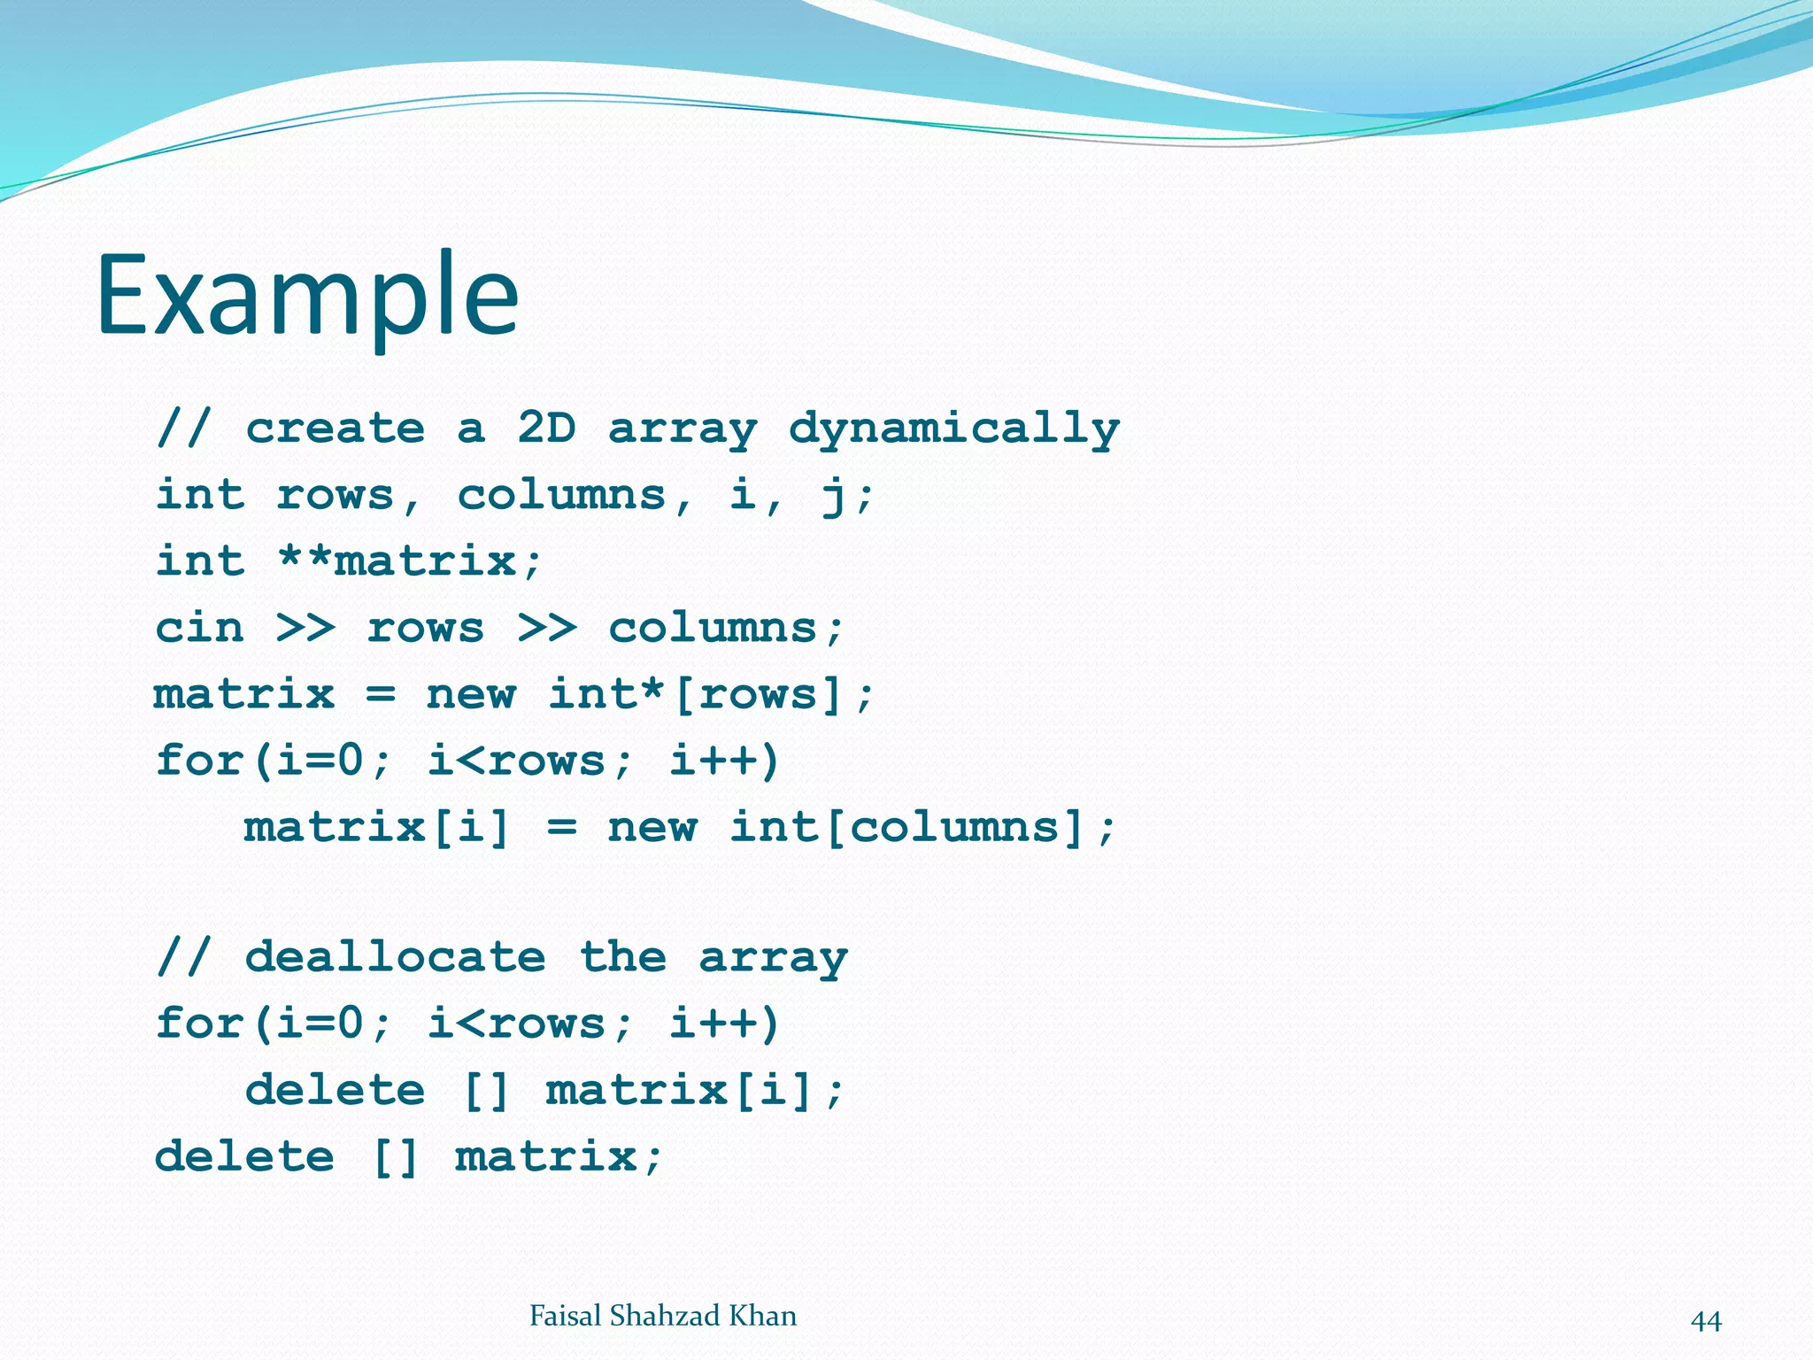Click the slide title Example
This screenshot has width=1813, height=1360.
pyautogui.click(x=307, y=296)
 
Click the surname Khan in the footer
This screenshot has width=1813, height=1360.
pyautogui.click(x=762, y=1316)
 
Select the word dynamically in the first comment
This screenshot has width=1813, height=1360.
pyautogui.click(x=953, y=430)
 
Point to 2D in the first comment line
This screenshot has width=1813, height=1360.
pyautogui.click(x=546, y=429)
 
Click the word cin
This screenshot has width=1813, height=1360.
pyautogui.click(x=199, y=628)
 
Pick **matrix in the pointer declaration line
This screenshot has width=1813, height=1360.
pyautogui.click(x=396, y=561)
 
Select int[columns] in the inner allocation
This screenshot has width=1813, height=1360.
pyautogui.click(x=906, y=828)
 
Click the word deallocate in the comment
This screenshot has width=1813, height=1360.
pyautogui.click(x=395, y=957)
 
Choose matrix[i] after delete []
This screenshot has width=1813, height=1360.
pyautogui.click(x=679, y=1090)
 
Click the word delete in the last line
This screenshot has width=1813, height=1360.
pyautogui.click(x=245, y=1156)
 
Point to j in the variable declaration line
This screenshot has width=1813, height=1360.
pyautogui.click(x=832, y=496)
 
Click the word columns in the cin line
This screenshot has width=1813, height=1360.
pyautogui.click(x=713, y=628)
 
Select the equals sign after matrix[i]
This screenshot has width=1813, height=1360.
pyautogui.click(x=561, y=828)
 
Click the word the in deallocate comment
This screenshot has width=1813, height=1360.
pyautogui.click(x=622, y=957)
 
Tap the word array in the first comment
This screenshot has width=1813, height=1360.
pyautogui.click(x=683, y=430)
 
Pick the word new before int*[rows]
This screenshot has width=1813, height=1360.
pyautogui.click(x=470, y=693)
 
